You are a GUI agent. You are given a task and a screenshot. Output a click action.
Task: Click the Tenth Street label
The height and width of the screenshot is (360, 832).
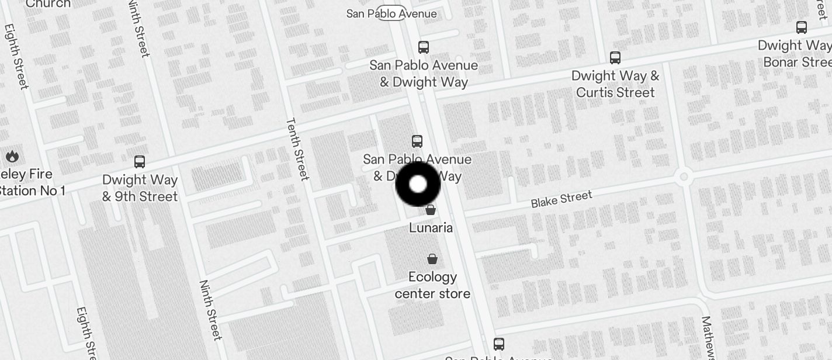click(x=297, y=149)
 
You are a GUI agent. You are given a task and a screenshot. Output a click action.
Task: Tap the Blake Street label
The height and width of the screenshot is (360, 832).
click(x=561, y=199)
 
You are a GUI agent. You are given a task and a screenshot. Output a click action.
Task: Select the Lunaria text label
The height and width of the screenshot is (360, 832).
click(x=431, y=227)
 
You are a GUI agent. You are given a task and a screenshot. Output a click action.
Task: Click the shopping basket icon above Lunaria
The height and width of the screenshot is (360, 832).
click(x=431, y=210)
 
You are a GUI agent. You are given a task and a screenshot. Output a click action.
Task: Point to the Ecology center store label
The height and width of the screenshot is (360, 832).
click(x=432, y=285)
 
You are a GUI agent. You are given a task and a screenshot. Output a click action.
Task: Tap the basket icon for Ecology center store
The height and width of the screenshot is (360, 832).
click(x=432, y=259)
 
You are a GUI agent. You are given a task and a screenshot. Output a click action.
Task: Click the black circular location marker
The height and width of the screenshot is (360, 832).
click(x=418, y=184)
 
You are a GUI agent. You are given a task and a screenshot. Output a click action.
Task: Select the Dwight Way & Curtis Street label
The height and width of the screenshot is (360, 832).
click(x=615, y=84)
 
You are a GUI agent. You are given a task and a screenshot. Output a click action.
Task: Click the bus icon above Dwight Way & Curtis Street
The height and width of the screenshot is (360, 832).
click(x=615, y=57)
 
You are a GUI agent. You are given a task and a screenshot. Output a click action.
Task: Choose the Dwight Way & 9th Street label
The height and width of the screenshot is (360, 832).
click(x=140, y=188)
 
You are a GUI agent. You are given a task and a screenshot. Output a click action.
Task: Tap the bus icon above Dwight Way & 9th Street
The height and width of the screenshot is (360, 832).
click(x=139, y=162)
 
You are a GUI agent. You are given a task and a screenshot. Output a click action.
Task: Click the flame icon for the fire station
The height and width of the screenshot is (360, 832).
click(x=12, y=157)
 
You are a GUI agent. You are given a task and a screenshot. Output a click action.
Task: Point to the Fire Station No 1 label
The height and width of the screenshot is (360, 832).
click(x=29, y=182)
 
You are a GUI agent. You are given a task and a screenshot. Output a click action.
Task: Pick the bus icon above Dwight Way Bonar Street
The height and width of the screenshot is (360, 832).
click(x=802, y=27)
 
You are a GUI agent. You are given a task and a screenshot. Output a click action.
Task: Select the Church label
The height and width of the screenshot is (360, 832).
click(x=48, y=4)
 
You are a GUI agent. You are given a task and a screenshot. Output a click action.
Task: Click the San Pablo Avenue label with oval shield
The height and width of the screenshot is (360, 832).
click(x=391, y=13)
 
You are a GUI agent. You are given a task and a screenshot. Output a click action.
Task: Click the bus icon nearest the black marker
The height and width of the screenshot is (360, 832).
click(x=417, y=141)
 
